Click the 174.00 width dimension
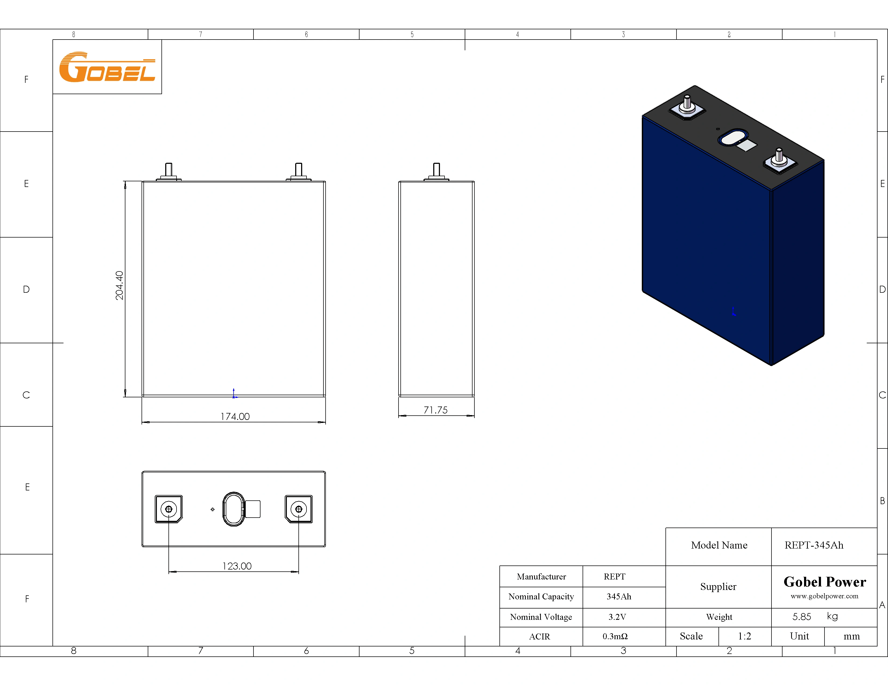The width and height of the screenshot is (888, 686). tap(235, 416)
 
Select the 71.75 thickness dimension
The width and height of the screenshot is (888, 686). tap(435, 410)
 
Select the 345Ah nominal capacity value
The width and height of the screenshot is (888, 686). tap(618, 597)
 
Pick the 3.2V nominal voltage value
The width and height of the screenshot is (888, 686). tap(617, 617)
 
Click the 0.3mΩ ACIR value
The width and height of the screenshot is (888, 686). tap(615, 637)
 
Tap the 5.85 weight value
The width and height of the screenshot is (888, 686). tap(801, 617)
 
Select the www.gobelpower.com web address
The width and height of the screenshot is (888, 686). tap(824, 596)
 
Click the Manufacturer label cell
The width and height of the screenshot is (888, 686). tap(541, 577)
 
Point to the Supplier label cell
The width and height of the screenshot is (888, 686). tap(718, 587)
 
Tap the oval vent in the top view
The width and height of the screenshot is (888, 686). tap(233, 509)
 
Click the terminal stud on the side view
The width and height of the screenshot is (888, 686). tap(436, 170)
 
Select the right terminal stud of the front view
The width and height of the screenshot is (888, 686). tap(298, 170)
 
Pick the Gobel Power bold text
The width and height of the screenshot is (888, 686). tap(824, 582)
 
